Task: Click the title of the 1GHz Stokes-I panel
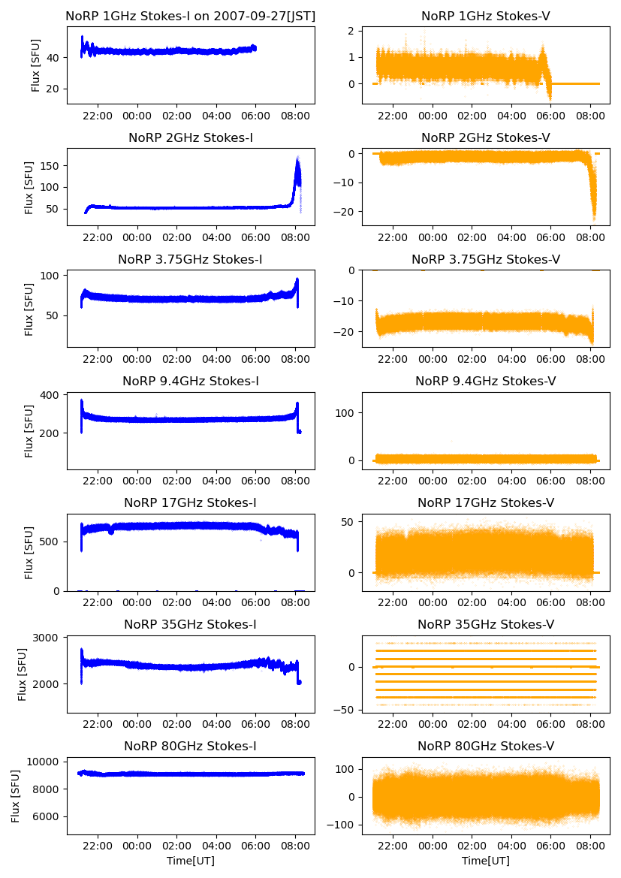click(191, 16)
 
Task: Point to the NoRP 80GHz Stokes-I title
click(191, 746)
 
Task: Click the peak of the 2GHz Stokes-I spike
click(297, 158)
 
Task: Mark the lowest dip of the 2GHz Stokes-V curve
click(594, 219)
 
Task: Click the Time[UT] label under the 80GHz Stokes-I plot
click(191, 861)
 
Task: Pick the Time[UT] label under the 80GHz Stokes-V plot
click(485, 861)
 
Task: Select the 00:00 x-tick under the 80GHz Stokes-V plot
click(433, 845)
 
